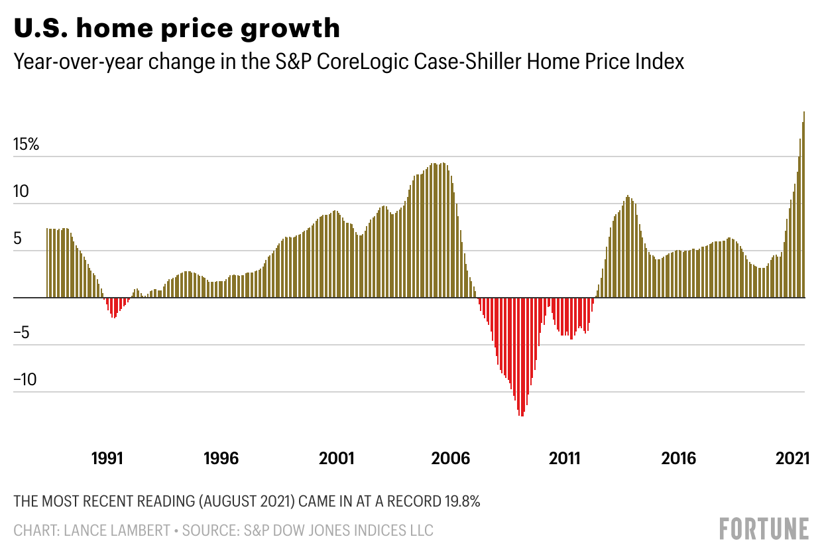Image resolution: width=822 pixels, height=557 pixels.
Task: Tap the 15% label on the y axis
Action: click(27, 145)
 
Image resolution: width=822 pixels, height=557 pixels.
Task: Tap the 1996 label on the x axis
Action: click(221, 458)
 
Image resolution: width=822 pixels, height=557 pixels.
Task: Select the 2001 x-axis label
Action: click(336, 458)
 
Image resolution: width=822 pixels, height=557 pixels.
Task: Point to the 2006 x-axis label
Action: click(450, 458)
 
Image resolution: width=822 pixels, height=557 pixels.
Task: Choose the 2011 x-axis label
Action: click(564, 458)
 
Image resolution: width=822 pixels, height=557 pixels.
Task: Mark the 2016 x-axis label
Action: click(679, 458)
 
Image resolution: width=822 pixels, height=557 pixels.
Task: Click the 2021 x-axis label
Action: click(792, 458)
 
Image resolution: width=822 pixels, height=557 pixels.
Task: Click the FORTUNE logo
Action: click(764, 528)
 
